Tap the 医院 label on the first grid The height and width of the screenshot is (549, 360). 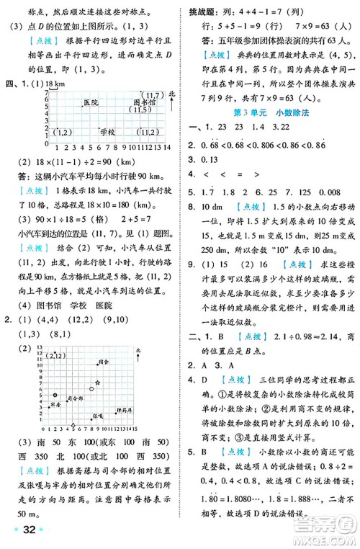click(x=91, y=103)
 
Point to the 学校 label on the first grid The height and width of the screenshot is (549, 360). click(x=108, y=132)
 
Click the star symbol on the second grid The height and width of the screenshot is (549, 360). click(x=97, y=382)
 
